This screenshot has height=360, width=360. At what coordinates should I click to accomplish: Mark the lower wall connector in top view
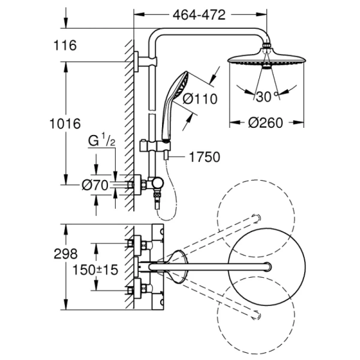(137, 288)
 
